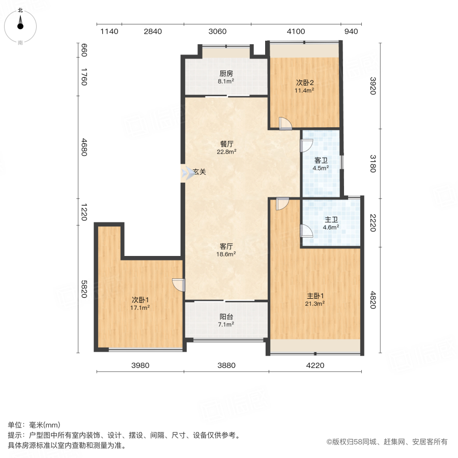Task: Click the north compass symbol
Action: pyautogui.click(x=20, y=26)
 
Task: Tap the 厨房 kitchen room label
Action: pyautogui.click(x=226, y=74)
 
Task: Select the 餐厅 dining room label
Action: pyautogui.click(x=226, y=144)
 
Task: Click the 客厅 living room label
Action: pyautogui.click(x=226, y=246)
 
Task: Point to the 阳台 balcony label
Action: pyautogui.click(x=226, y=317)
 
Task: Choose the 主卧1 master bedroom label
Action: pyautogui.click(x=315, y=296)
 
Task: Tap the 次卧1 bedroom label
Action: pyautogui.click(x=140, y=300)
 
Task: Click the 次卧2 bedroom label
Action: pyautogui.click(x=305, y=82)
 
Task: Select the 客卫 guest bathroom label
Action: pyautogui.click(x=321, y=160)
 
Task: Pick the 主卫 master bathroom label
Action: pyautogui.click(x=331, y=220)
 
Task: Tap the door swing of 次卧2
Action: pyautogui.click(x=285, y=123)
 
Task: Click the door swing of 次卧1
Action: pyautogui.click(x=179, y=285)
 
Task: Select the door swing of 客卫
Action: pyautogui.click(x=306, y=146)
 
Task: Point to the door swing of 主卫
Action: pyautogui.click(x=306, y=231)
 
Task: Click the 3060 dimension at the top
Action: pyautogui.click(x=217, y=31)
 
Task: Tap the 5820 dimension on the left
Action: pyautogui.click(x=84, y=289)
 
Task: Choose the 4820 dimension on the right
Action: pyautogui.click(x=373, y=300)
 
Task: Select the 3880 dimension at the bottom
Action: pyautogui.click(x=226, y=365)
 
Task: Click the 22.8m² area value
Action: pyautogui.click(x=226, y=152)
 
